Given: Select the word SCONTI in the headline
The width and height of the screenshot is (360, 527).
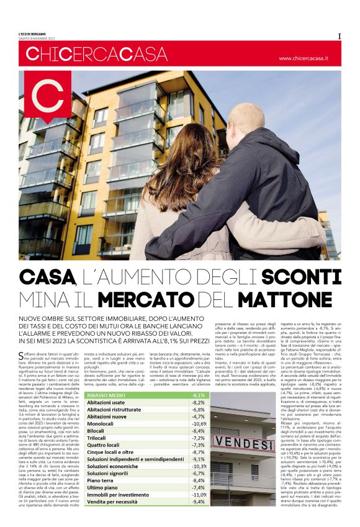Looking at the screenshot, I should pyautogui.click(x=306, y=276).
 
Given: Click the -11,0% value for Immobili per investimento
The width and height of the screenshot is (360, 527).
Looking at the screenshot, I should pyautogui.click(x=199, y=510).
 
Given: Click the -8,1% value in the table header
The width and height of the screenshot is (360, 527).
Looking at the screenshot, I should pyautogui.click(x=199, y=413).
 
